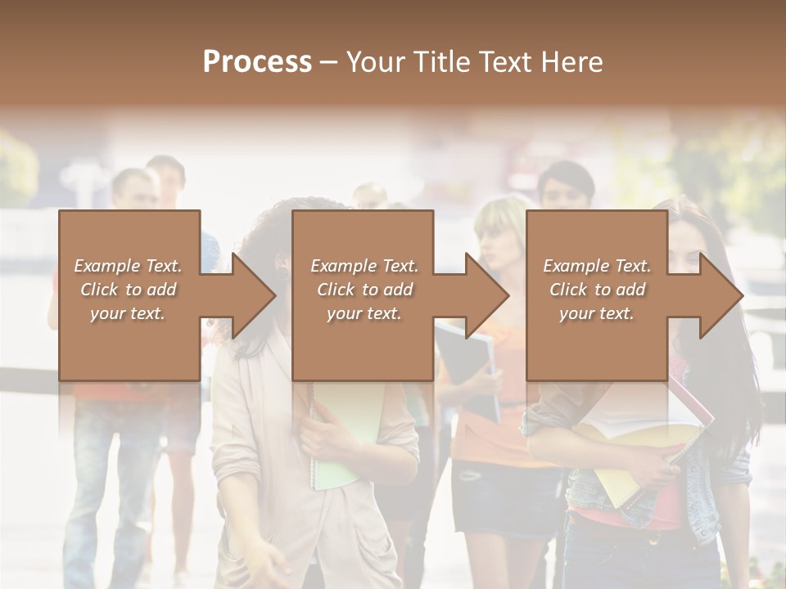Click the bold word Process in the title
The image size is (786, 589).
coord(257,62)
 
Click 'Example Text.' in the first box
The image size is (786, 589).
coord(128,266)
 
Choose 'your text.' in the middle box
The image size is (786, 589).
coord(364,313)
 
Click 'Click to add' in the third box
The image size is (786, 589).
coord(597,290)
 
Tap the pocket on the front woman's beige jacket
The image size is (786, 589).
coord(377,556)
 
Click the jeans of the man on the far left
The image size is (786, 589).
coord(90,491)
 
